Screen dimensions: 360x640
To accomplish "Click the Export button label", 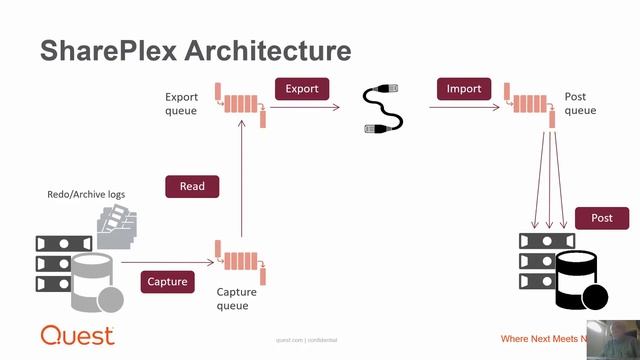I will tap(302, 89).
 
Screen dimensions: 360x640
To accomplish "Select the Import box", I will tap(464, 89).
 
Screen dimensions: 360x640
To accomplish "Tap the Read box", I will tap(192, 186).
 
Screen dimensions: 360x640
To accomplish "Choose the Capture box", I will tap(167, 281).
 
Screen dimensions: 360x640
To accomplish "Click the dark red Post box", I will tap(602, 217).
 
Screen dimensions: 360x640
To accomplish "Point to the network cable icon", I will tap(383, 108).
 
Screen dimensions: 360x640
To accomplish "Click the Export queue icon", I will tap(240, 103).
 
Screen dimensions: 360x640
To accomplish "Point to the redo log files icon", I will tap(118, 226).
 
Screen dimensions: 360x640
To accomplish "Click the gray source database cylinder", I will tap(93, 281).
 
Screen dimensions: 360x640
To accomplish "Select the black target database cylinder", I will tap(577, 279).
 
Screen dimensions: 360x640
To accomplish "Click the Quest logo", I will tap(76, 336).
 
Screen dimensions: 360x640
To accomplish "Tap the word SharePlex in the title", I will tap(107, 51).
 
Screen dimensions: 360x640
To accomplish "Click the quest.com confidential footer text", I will tap(306, 341).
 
